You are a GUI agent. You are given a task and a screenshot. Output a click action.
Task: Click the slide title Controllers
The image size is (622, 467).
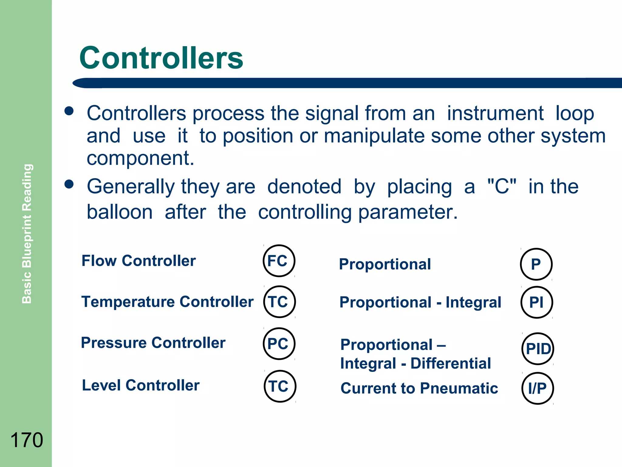[161, 58]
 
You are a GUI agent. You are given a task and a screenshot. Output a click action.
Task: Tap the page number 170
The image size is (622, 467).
[27, 440]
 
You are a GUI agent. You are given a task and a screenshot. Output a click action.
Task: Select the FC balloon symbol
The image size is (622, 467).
[279, 261]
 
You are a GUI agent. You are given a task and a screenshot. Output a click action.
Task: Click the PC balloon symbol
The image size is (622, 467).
[279, 344]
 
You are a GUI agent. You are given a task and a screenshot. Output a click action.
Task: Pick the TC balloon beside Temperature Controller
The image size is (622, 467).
[279, 302]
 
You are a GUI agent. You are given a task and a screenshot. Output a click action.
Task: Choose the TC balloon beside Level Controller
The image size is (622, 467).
[280, 386]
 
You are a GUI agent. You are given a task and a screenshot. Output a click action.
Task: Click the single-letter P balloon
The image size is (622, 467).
[536, 264]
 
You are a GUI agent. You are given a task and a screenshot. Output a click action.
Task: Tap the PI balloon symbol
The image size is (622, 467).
[537, 303]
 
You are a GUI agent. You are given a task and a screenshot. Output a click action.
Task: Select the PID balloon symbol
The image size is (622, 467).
[538, 349]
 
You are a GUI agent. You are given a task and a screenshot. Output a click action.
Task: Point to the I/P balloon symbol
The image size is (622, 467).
[538, 388]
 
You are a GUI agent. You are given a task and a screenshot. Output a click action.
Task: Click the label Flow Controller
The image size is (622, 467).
[138, 261]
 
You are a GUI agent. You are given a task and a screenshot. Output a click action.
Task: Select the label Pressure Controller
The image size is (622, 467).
[153, 343]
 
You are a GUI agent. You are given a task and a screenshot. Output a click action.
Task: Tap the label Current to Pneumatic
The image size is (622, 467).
[419, 388]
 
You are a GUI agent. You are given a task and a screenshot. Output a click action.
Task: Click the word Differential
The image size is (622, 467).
[450, 363]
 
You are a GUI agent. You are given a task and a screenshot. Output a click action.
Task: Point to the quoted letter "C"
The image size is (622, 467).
[501, 186]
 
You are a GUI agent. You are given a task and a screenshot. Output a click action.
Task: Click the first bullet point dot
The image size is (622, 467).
[69, 111]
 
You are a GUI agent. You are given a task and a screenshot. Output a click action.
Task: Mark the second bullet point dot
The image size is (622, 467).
[69, 184]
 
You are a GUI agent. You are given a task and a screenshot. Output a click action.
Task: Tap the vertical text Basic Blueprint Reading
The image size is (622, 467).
[27, 233]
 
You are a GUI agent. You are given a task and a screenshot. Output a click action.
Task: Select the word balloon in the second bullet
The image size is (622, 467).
[120, 212]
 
